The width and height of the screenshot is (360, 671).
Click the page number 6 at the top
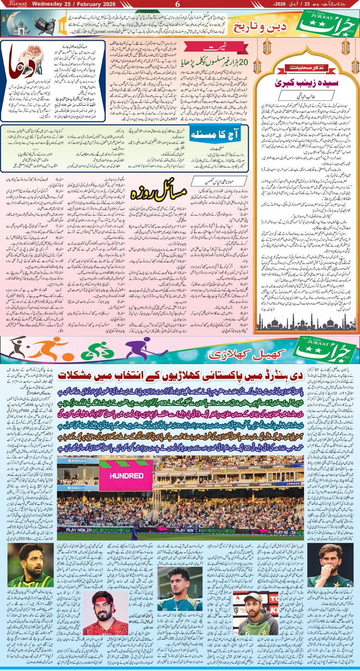(x=177, y=4)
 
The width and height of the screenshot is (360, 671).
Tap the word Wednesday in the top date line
(x=46, y=4)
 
